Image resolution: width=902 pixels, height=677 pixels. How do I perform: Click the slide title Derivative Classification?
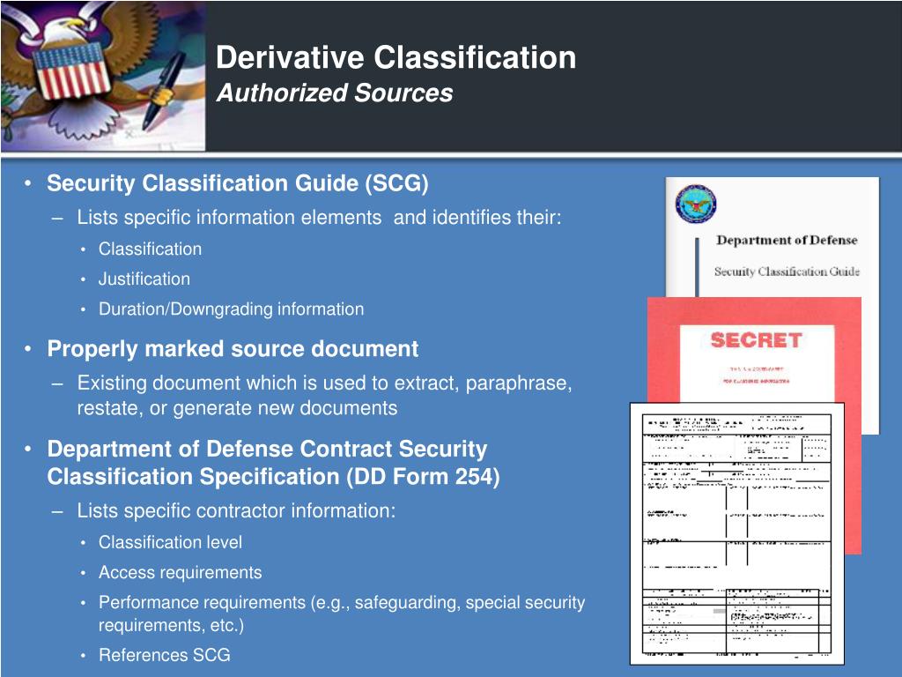point(396,58)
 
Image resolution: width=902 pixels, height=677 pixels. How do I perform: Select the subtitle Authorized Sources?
point(335,93)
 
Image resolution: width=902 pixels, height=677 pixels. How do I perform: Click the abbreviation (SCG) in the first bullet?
point(397,183)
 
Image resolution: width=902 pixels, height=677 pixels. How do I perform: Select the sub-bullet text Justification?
point(144,279)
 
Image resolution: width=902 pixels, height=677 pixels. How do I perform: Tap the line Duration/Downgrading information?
point(231,309)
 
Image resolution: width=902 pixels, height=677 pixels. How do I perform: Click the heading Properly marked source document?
point(233,349)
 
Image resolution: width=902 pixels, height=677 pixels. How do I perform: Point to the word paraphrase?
point(518,383)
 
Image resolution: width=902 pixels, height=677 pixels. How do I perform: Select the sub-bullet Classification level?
point(170,542)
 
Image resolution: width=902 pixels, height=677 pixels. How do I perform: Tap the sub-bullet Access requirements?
point(180,572)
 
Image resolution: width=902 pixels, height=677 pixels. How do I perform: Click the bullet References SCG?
point(164,655)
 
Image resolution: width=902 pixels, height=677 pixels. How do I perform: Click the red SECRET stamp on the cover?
point(756,340)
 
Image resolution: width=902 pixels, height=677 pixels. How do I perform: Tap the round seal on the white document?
point(696,205)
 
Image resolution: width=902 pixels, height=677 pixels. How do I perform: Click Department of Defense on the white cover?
point(786,240)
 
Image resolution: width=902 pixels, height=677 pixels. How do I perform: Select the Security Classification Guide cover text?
point(786,272)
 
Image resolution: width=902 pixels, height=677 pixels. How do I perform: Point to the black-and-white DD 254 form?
point(736,533)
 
